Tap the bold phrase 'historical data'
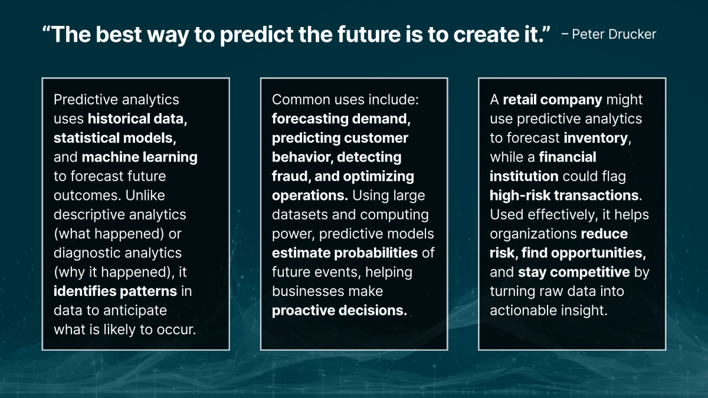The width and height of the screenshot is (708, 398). (137, 119)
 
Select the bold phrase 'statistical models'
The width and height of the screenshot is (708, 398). (114, 138)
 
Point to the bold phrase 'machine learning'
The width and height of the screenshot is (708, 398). (140, 157)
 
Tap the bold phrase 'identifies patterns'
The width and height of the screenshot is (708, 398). (115, 291)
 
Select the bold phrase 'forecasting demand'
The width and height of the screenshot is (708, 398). (340, 119)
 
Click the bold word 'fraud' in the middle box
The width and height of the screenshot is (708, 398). (289, 176)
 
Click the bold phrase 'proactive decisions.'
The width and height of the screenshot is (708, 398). (339, 310)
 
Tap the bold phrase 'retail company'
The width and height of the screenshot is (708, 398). (552, 100)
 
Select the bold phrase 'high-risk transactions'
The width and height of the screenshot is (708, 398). (564, 195)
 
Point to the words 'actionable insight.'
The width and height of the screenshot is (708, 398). (548, 310)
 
